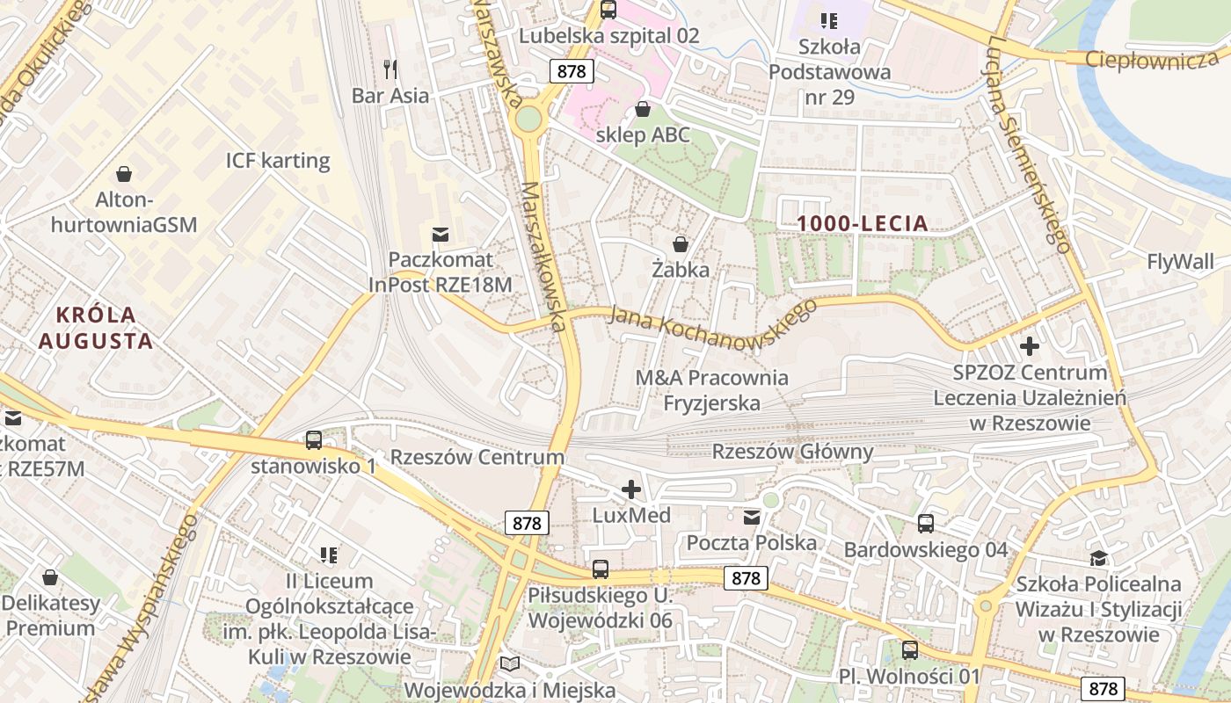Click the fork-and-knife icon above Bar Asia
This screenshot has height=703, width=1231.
[x=391, y=69]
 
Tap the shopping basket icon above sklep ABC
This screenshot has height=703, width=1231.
[x=643, y=109]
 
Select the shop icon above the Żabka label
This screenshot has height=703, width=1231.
[x=680, y=243]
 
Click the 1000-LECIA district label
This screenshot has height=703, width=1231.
[x=863, y=223]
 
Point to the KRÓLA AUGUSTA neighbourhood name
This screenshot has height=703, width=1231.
[x=96, y=327]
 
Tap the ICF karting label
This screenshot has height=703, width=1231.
[x=278, y=161]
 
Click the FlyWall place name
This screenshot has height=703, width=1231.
[x=1180, y=261]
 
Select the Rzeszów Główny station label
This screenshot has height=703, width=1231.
[x=792, y=452]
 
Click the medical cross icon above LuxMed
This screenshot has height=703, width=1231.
[x=631, y=489]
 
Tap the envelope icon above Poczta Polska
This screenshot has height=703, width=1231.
[x=752, y=518]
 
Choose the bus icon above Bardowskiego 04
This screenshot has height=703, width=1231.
[x=926, y=524]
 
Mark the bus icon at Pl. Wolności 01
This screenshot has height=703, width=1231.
[x=910, y=650]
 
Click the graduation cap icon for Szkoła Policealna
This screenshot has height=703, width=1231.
[x=1098, y=558]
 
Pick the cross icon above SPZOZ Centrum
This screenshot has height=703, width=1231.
[x=1030, y=346]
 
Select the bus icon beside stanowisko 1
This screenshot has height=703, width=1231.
[x=314, y=440]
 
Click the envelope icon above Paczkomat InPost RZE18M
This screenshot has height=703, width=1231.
[x=441, y=235]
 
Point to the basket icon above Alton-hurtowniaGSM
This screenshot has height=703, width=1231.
[x=124, y=174]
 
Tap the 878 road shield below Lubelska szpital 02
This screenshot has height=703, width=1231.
[x=571, y=71]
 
